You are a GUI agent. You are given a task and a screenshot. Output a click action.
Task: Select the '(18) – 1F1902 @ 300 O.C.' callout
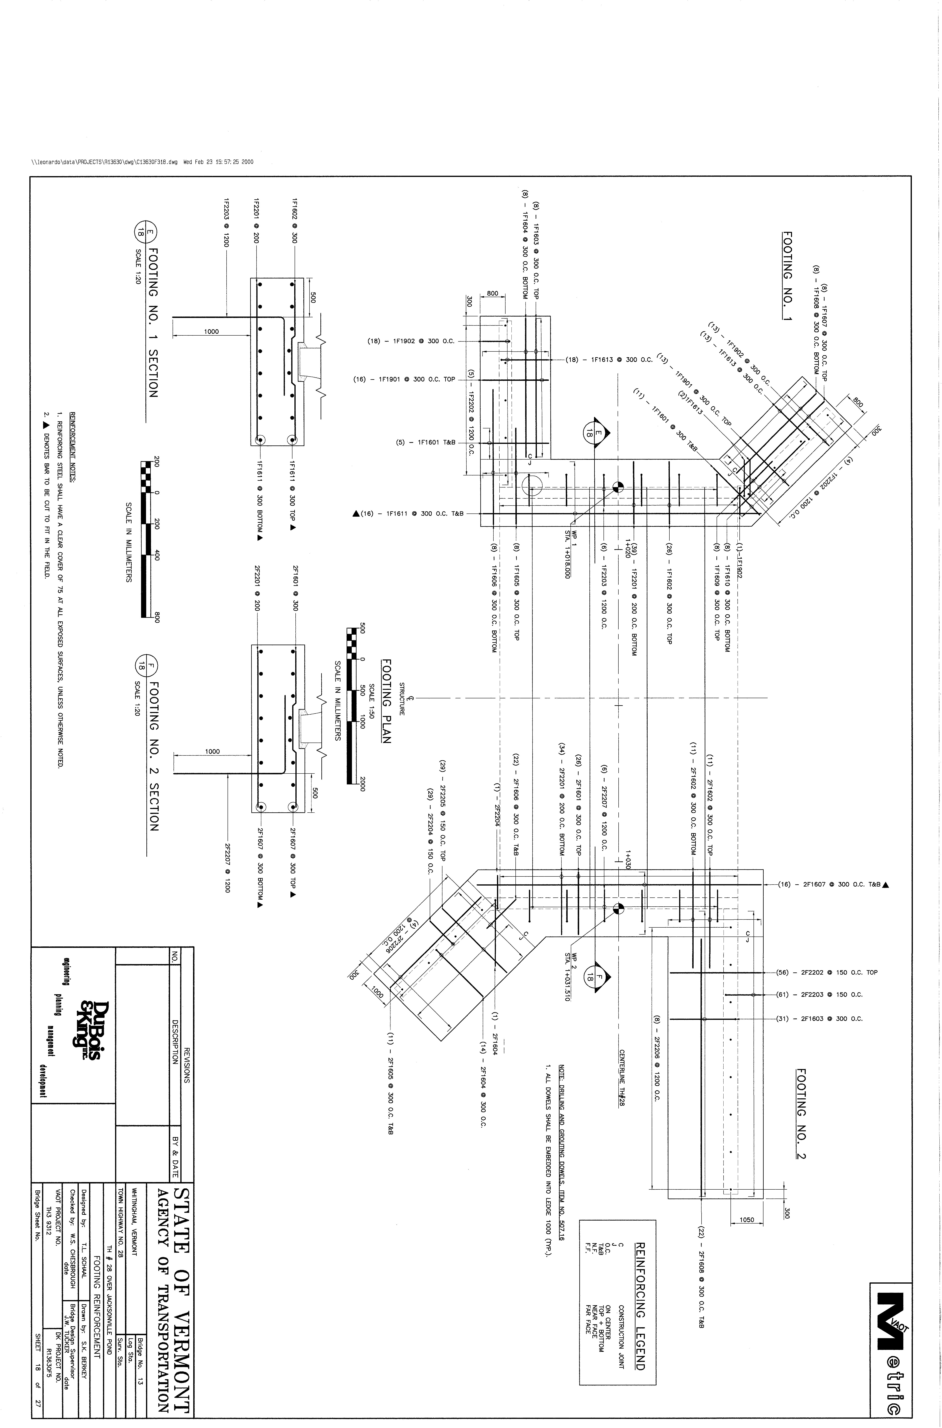[x=410, y=341]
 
